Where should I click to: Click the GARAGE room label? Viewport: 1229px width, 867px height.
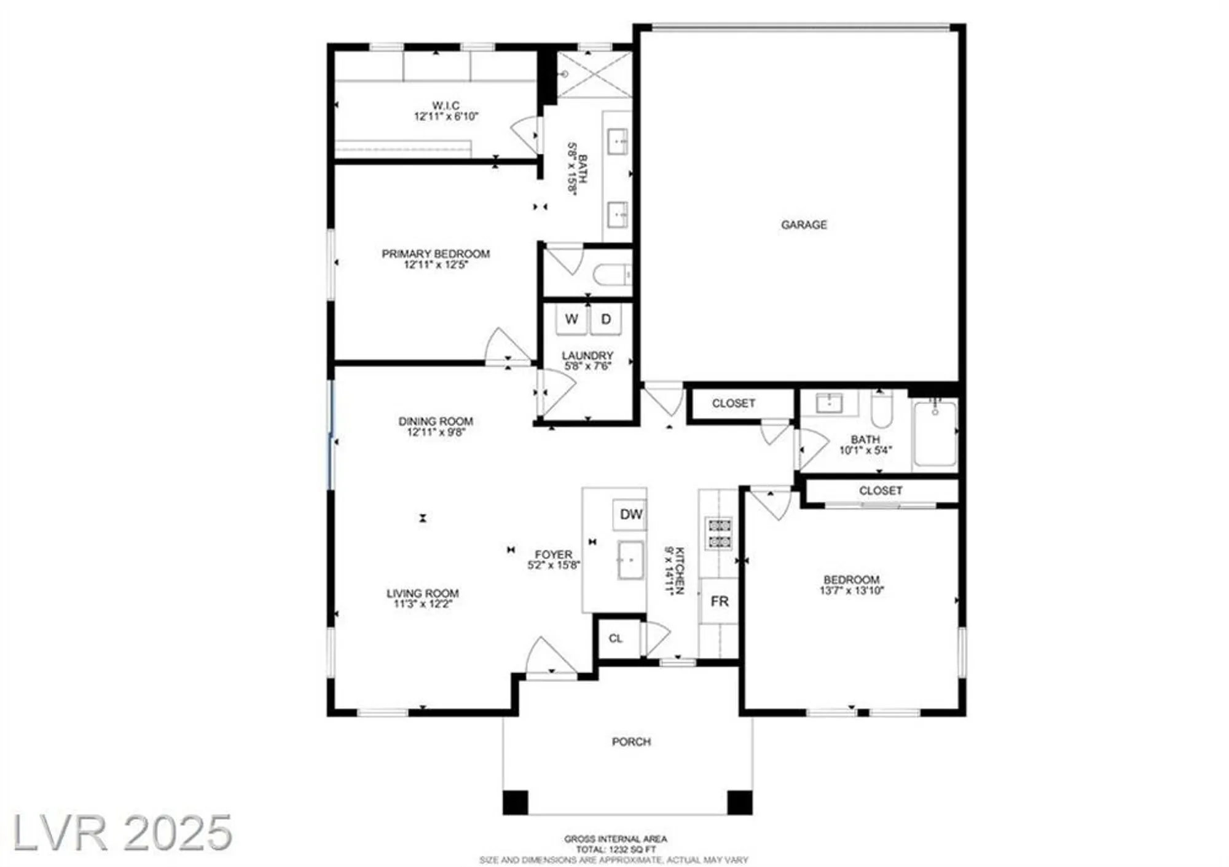803,225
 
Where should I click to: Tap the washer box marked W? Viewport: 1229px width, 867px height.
571,319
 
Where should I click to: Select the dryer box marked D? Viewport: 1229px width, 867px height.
606,319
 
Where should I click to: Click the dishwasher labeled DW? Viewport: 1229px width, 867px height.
630,515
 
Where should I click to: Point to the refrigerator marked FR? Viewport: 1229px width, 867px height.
719,601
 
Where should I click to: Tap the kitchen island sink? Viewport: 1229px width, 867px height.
630,560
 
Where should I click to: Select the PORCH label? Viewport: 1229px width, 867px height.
631,742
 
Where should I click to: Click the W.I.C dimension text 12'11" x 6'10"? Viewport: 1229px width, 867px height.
446,116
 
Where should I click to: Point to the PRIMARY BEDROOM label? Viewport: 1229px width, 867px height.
436,253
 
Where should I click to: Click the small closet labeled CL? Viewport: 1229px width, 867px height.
616,638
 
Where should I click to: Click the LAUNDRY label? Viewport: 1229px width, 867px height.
587,355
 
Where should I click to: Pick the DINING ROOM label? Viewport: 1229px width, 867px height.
436,421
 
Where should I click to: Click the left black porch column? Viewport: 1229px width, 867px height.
515,802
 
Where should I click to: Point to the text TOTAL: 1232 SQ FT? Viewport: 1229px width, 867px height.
616,849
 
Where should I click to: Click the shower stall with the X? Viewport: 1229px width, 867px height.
594,74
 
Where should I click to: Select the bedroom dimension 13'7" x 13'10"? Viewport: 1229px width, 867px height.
852,591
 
